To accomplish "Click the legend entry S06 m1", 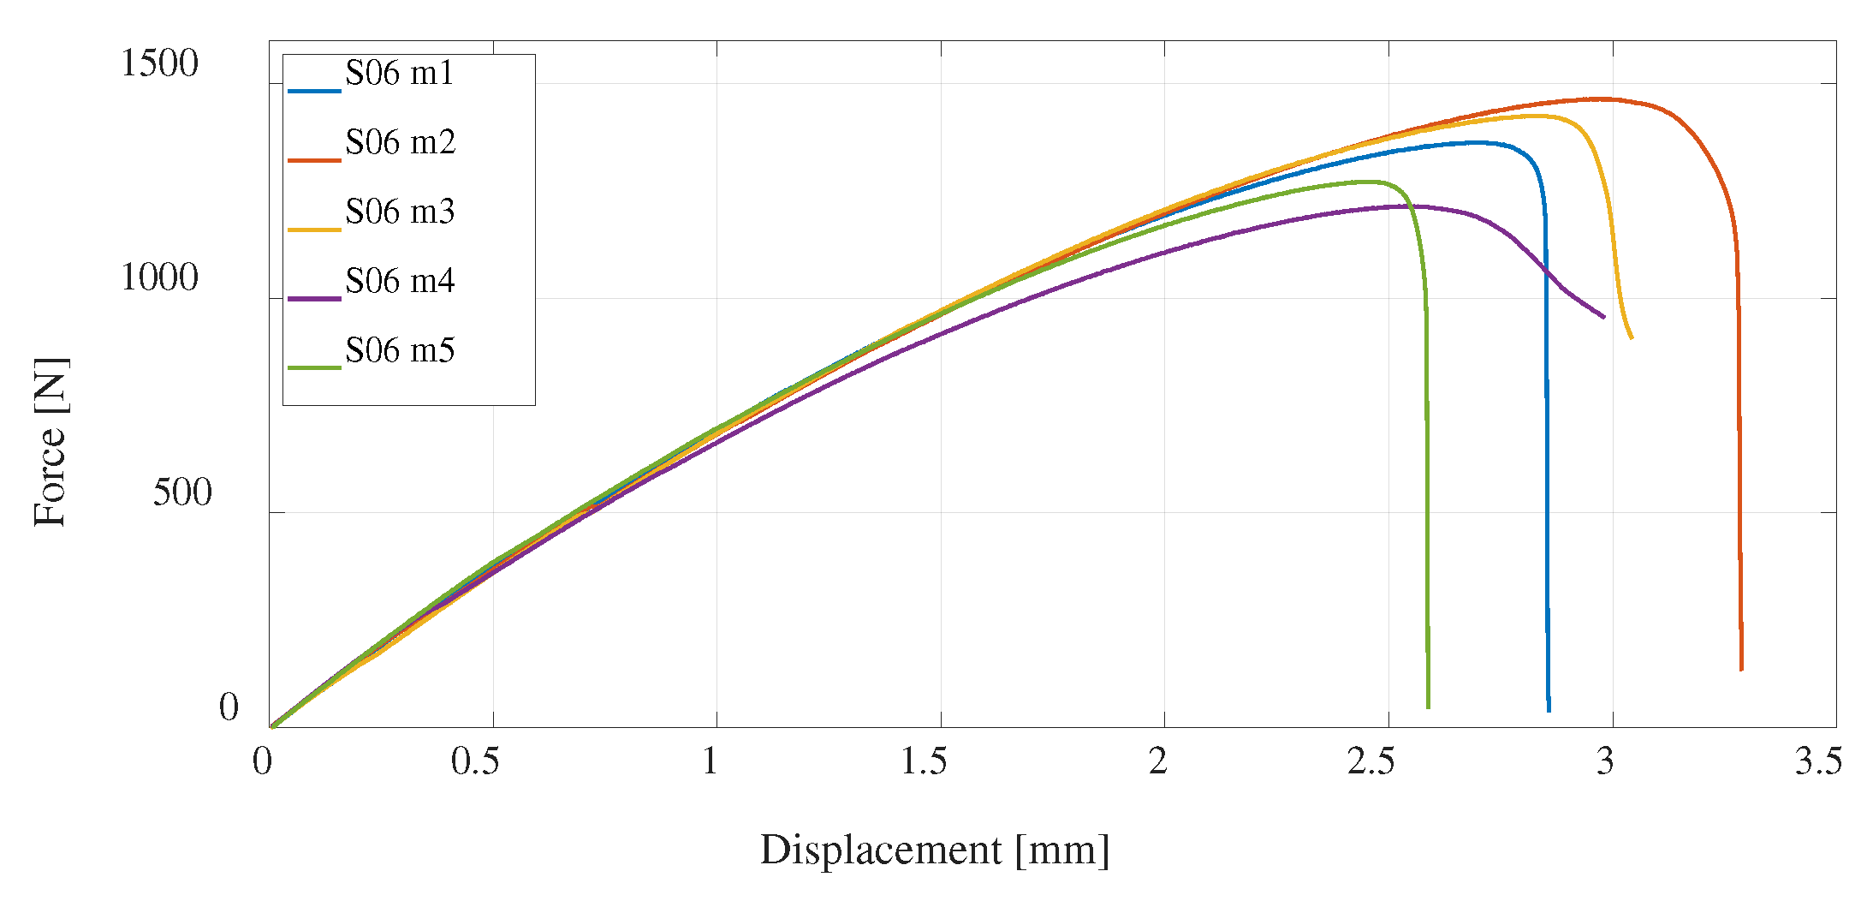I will [x=399, y=75].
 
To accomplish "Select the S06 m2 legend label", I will [x=400, y=143].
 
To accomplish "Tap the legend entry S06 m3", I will [x=400, y=212].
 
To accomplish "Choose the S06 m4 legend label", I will [x=400, y=282].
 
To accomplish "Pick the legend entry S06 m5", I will [x=400, y=351].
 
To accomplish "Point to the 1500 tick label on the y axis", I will [x=159, y=64].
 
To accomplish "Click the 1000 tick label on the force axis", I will [x=159, y=278].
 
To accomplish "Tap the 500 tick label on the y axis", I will [x=182, y=493].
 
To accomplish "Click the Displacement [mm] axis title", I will [x=935, y=850].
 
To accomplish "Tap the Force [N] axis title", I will [x=51, y=443].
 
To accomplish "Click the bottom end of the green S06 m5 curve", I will [x=1428, y=707].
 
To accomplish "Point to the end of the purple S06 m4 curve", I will [x=1603, y=317].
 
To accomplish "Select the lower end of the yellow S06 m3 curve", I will [x=1632, y=337].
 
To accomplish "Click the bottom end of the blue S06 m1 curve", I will [x=1549, y=710].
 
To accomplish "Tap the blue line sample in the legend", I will [x=314, y=90].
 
